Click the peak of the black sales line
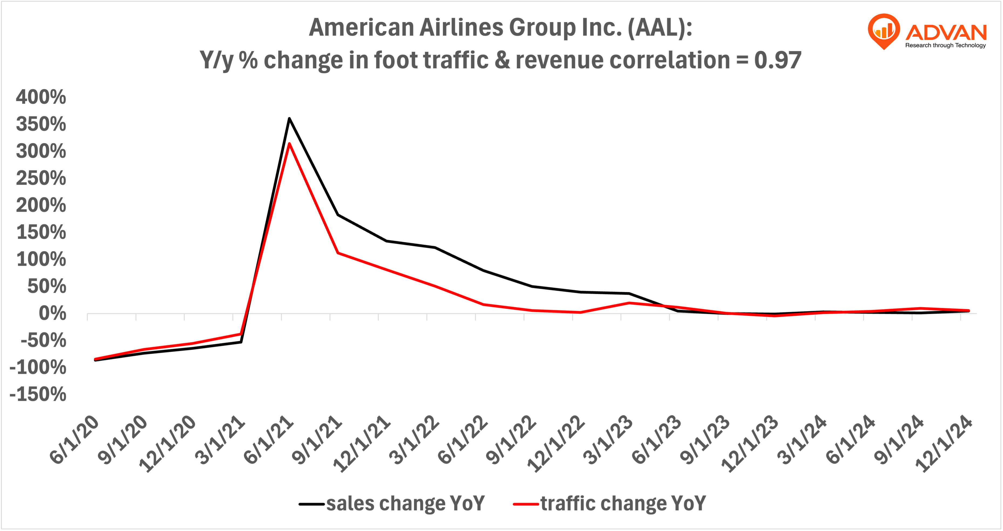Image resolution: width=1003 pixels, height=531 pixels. pos(289,118)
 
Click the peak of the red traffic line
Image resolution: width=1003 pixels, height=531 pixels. pos(289,143)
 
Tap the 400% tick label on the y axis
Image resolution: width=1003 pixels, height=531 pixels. pos(41,97)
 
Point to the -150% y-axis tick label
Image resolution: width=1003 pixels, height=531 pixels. pos(38,394)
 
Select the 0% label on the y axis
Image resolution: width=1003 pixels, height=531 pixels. pos(52,313)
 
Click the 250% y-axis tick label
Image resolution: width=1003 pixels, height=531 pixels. pos(41,178)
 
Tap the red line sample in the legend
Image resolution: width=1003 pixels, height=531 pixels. pos(526,504)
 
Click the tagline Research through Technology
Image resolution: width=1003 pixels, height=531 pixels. pos(945,45)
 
